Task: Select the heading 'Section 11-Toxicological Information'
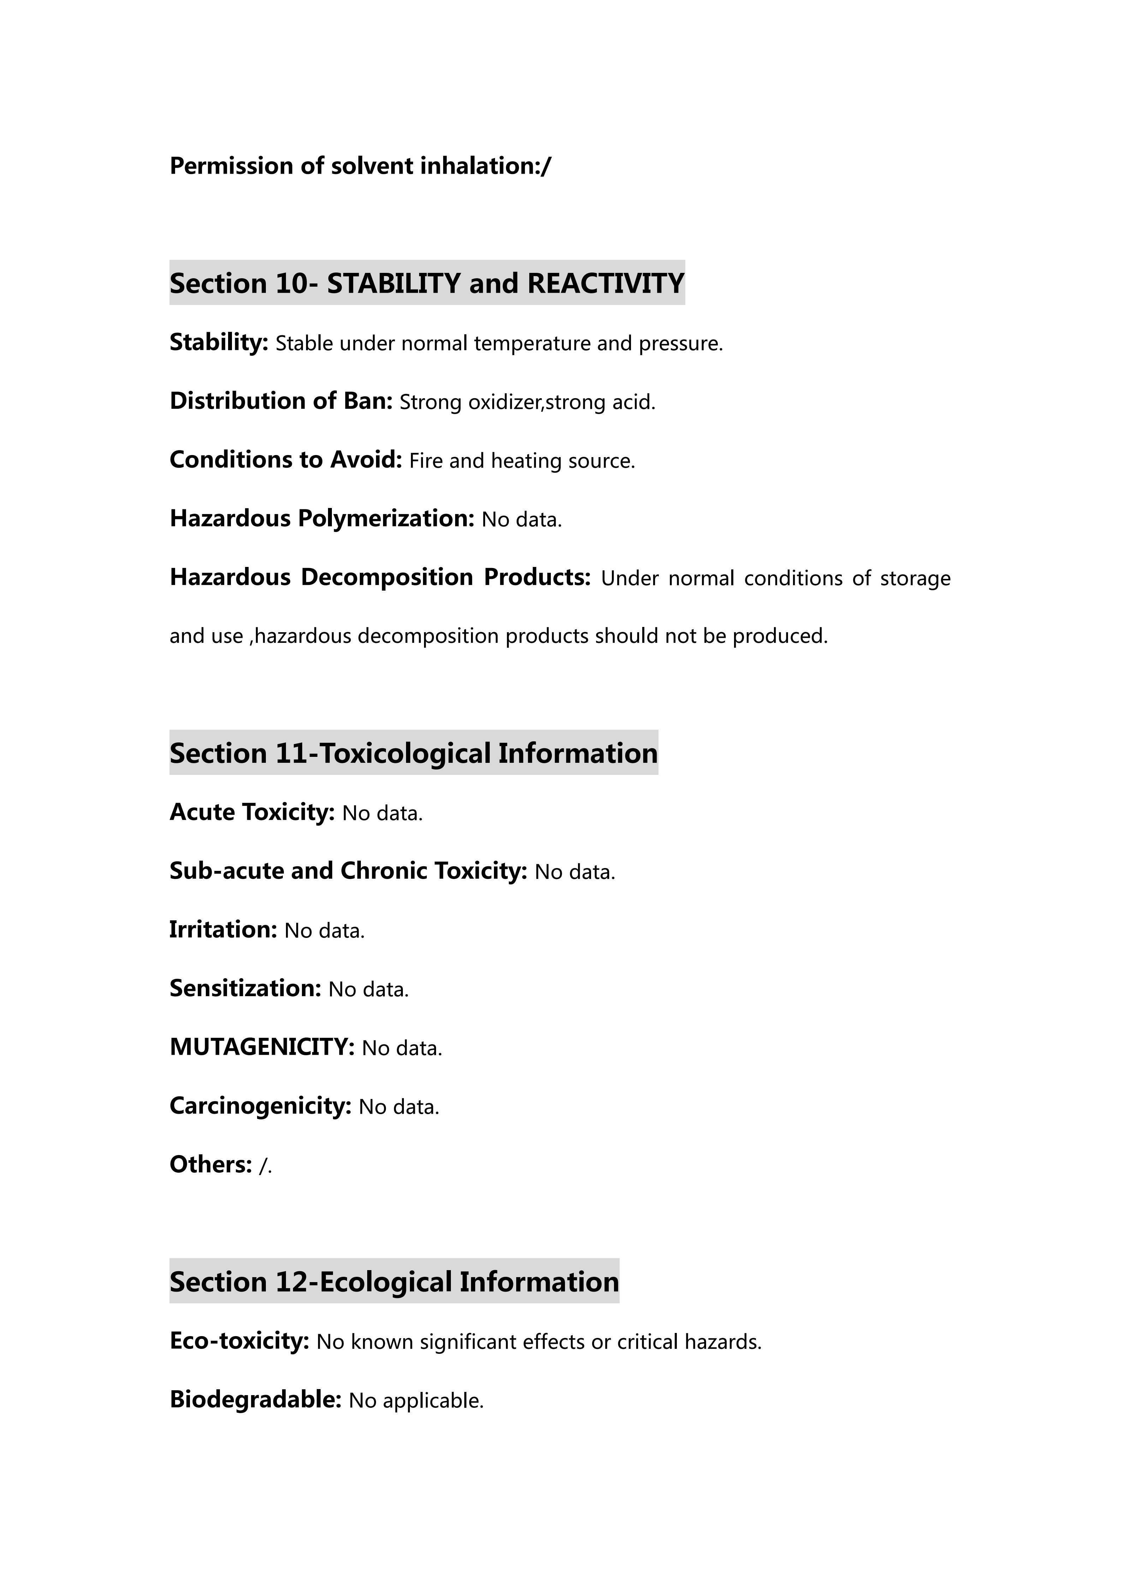(x=413, y=753)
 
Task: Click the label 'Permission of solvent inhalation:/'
(x=360, y=166)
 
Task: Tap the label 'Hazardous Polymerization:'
(x=322, y=519)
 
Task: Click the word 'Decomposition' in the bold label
(x=387, y=577)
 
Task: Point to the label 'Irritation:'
(x=223, y=930)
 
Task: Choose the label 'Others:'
(x=210, y=1165)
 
